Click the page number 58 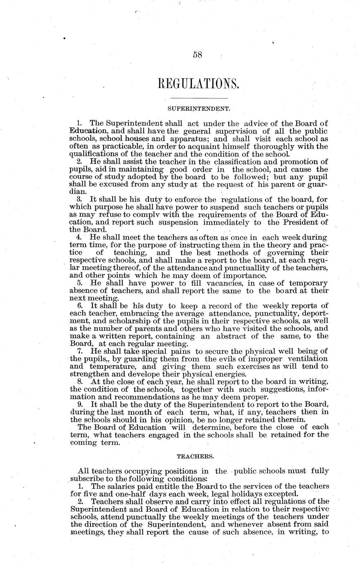pos(198,55)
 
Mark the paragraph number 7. pos(80,351)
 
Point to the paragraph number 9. pos(80,404)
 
